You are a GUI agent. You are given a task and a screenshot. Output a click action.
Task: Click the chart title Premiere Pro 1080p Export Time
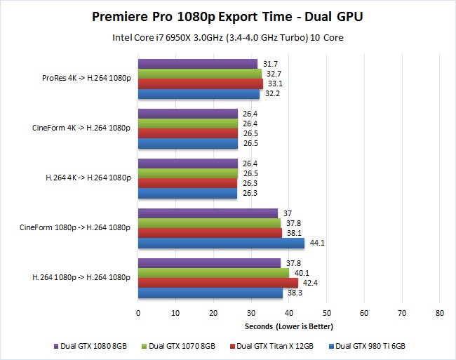click(227, 15)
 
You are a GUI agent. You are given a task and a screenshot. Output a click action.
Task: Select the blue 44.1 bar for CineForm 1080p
click(221, 244)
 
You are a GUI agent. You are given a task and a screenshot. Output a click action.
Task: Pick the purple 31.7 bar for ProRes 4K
click(198, 64)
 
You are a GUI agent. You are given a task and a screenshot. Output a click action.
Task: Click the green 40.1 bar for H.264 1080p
click(213, 273)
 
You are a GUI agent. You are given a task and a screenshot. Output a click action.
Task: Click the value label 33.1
click(274, 84)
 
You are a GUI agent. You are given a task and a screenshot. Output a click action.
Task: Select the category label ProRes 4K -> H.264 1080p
click(86, 79)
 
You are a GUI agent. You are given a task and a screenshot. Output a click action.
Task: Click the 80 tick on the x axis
click(439, 312)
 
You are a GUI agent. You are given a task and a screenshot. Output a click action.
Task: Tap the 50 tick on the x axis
click(326, 312)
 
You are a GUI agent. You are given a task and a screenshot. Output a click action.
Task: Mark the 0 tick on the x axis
click(138, 312)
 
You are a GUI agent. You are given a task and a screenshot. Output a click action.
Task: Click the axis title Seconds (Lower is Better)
click(288, 326)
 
